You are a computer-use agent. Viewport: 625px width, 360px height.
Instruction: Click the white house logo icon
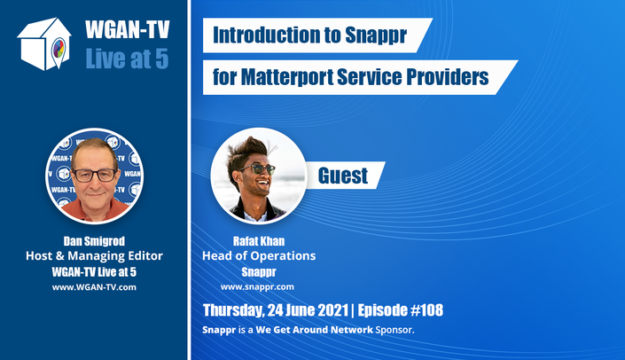point(44,43)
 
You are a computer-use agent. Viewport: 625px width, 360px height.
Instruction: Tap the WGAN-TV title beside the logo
point(128,29)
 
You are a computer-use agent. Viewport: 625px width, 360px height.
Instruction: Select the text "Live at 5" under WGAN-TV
point(127,59)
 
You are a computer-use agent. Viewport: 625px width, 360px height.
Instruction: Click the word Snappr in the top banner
point(376,35)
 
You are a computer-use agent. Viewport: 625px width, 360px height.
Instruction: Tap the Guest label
point(343,176)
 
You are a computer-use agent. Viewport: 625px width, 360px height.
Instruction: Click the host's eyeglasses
point(95,175)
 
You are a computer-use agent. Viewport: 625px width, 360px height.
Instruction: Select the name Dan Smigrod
point(94,241)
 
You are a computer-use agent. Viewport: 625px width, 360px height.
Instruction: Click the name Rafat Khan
point(259,241)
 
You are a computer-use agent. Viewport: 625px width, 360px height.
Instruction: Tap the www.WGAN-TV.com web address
point(94,287)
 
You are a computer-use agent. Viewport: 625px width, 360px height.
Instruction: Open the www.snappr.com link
point(257,286)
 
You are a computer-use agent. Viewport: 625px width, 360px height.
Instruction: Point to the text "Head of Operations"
point(259,255)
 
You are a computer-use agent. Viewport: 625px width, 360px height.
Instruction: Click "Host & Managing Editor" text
point(94,255)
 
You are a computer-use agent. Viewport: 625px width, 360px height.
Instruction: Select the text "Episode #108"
point(400,310)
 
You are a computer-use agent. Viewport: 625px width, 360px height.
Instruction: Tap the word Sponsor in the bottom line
point(395,330)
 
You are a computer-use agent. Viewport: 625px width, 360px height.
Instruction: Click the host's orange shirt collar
point(96,209)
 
